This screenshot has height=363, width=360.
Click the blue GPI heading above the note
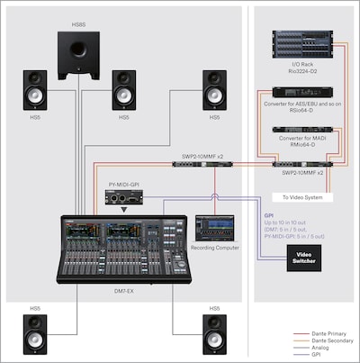click(269, 217)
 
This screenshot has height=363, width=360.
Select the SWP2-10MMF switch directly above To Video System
click(301, 165)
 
